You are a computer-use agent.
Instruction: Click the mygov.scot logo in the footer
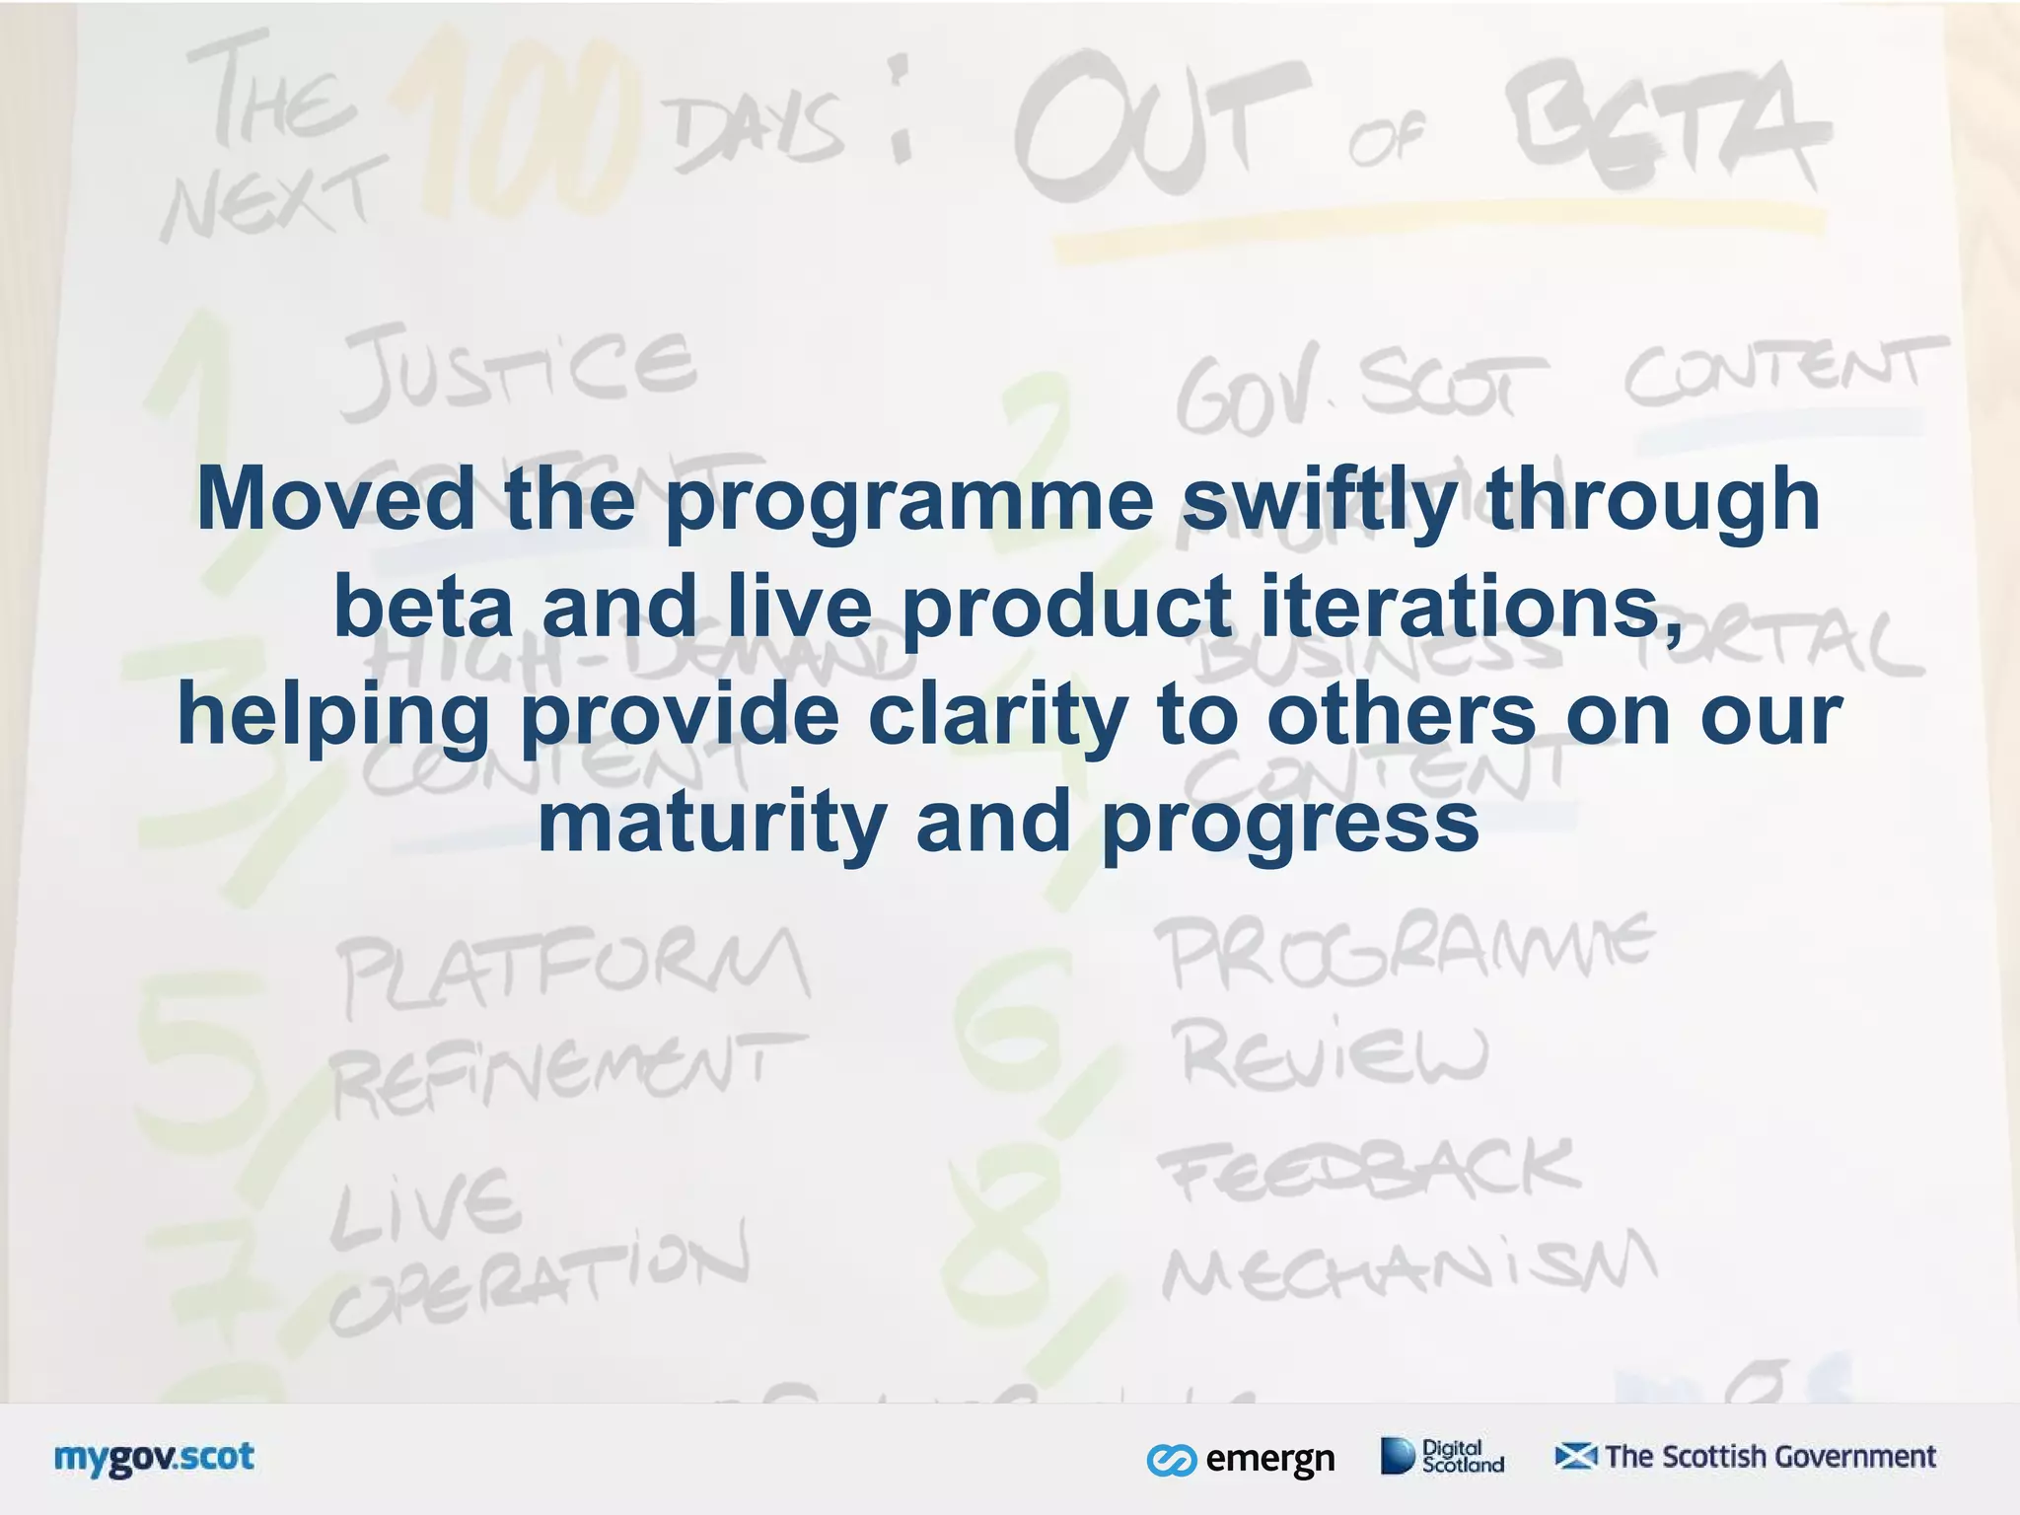[x=154, y=1458]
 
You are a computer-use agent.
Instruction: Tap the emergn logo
[x=1241, y=1458]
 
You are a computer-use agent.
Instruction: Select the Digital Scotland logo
[x=1442, y=1456]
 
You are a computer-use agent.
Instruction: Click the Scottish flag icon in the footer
[x=1575, y=1456]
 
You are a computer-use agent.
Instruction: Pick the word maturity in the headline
[x=710, y=823]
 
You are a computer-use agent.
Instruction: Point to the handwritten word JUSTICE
[x=517, y=370]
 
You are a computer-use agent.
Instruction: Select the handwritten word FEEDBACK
[x=1371, y=1172]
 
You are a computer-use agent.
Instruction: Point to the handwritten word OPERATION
[x=538, y=1277]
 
